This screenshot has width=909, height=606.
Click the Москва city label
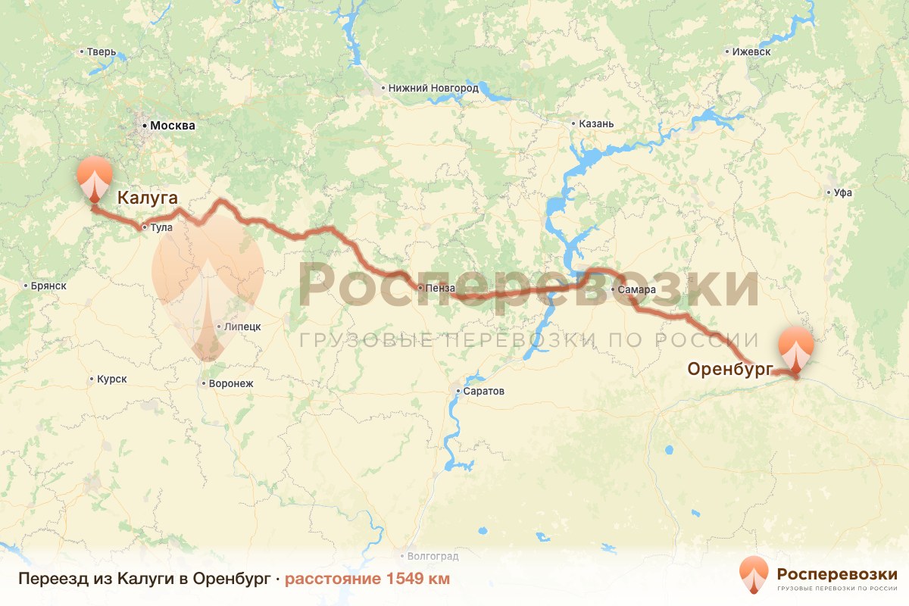(173, 126)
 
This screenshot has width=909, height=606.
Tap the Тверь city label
(102, 52)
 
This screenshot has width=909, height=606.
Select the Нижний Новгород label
(433, 88)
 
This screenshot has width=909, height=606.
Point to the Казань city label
(595, 123)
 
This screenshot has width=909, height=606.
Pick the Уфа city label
(842, 192)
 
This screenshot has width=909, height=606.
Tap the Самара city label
(632, 290)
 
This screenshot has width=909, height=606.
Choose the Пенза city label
(440, 288)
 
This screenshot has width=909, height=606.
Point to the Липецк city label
(242, 327)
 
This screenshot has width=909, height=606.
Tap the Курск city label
(112, 379)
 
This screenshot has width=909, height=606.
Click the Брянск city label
(49, 286)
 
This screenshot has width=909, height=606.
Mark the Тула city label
(162, 227)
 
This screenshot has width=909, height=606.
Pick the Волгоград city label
(433, 556)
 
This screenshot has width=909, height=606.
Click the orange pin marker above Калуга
(94, 175)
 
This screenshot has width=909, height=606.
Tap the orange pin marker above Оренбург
(795, 345)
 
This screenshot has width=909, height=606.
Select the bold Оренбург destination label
(729, 369)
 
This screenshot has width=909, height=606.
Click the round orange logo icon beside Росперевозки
(753, 574)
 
